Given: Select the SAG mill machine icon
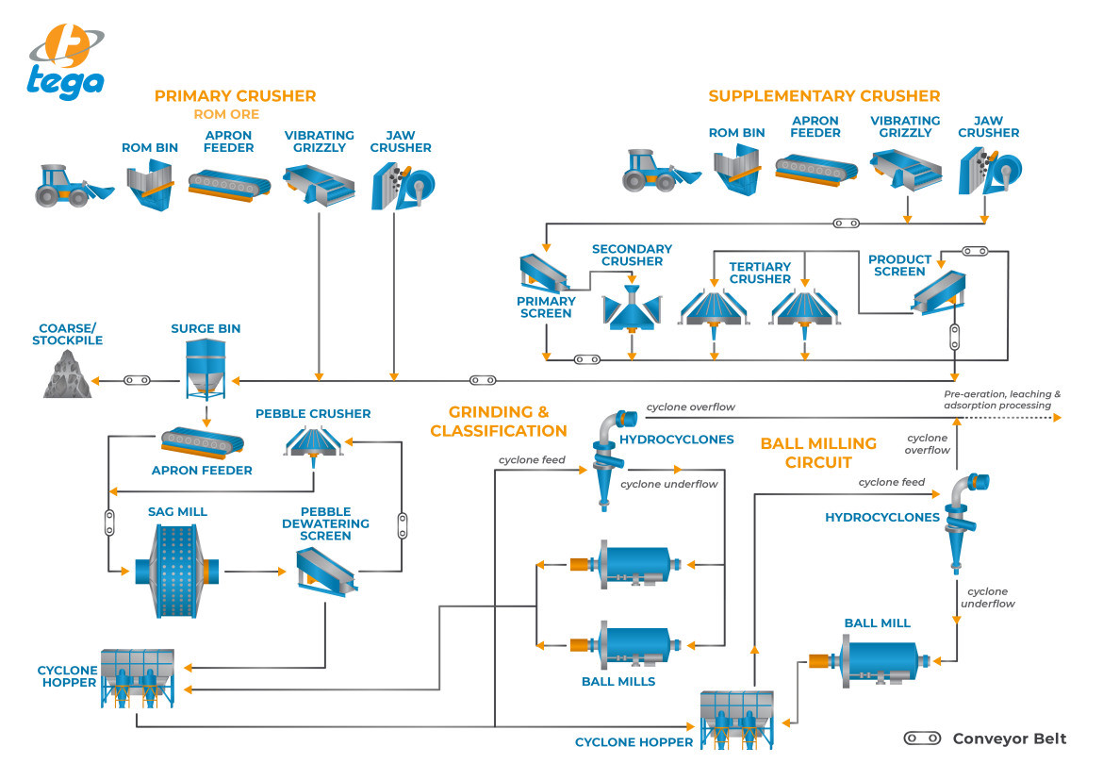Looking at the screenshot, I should [179, 571].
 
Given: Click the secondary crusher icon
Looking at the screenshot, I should [631, 305].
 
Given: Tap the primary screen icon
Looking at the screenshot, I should [544, 274].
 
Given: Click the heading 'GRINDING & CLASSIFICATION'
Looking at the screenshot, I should [498, 422].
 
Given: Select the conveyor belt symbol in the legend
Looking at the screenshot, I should [921, 739].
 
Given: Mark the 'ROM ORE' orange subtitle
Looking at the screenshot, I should [225, 114].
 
